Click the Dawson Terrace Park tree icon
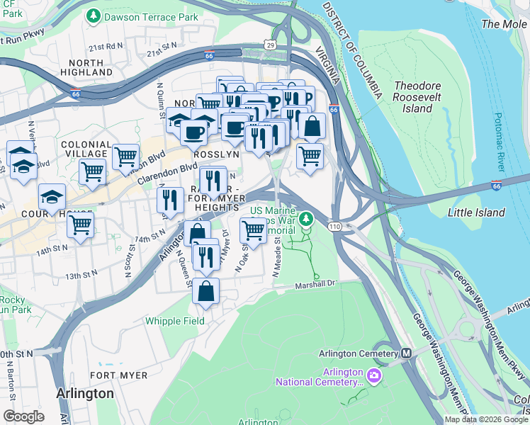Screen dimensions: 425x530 coord(92,15)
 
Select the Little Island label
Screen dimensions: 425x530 coord(476,212)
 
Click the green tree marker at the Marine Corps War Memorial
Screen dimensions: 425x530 coord(306,218)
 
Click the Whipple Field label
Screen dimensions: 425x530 coord(175,321)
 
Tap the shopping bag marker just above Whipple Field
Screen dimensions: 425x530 coord(205,291)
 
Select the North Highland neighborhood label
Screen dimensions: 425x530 coord(82,67)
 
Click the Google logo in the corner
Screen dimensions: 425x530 coord(23,416)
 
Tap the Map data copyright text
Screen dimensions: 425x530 coord(486,419)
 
